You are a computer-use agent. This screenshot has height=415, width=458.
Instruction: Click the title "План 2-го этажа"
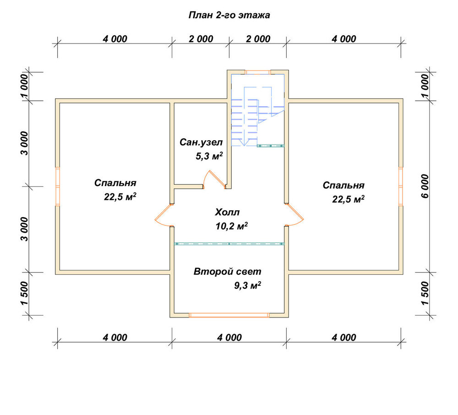(x=229, y=15)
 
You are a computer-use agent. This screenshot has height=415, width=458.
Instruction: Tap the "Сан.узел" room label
(x=201, y=142)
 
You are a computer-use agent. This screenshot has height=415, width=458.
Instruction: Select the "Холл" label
(x=227, y=212)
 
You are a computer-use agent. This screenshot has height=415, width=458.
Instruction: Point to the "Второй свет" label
(x=227, y=272)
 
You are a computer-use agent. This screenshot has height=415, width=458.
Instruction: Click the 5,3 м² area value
(x=209, y=156)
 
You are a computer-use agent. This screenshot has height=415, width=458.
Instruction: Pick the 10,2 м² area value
(x=232, y=226)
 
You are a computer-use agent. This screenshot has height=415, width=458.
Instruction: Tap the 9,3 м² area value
(x=247, y=285)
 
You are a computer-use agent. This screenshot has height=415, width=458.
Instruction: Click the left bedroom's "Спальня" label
(x=115, y=183)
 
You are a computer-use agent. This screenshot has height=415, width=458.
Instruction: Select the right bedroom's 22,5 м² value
(x=348, y=199)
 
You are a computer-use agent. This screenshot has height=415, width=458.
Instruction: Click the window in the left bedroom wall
(x=58, y=186)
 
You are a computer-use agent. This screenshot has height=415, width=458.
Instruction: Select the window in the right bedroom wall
(x=401, y=186)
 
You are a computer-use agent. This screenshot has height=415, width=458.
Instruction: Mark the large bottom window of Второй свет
(x=229, y=315)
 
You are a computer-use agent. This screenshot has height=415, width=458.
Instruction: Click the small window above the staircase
(x=257, y=72)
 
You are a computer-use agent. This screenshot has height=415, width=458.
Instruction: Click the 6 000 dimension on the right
(x=425, y=186)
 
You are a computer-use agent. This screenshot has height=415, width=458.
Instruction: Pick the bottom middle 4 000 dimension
(x=229, y=338)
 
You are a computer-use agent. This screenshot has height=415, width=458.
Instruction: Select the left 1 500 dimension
(x=25, y=293)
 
